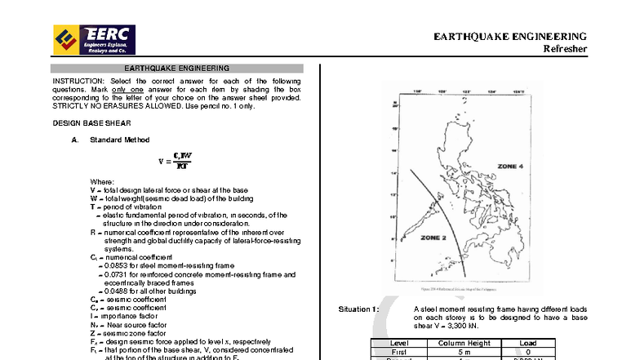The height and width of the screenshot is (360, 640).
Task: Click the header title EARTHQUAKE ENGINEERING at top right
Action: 509,37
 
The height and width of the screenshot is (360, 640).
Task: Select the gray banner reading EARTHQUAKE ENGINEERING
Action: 176,69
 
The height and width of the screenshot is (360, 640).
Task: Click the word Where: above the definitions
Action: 102,181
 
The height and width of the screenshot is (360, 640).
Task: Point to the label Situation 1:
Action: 358,310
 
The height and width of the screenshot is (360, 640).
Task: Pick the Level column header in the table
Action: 399,343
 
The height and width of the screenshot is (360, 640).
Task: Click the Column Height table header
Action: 464,343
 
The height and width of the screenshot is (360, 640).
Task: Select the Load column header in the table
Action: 527,343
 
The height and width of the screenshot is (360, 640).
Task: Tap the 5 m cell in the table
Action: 464,352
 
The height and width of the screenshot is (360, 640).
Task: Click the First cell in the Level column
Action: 399,352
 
